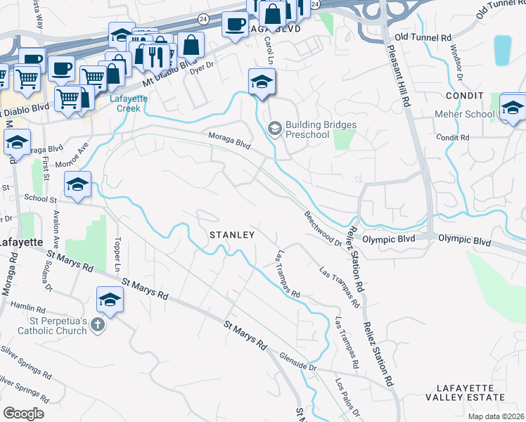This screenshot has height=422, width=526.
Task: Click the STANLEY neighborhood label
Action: point(231,234)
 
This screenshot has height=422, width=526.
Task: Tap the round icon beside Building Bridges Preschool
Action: point(274,128)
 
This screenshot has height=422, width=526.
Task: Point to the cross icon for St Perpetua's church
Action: point(98,325)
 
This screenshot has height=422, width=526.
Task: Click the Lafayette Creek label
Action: point(131,103)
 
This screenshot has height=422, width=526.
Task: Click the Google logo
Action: point(23,413)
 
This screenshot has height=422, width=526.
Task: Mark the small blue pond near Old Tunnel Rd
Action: point(503,49)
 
